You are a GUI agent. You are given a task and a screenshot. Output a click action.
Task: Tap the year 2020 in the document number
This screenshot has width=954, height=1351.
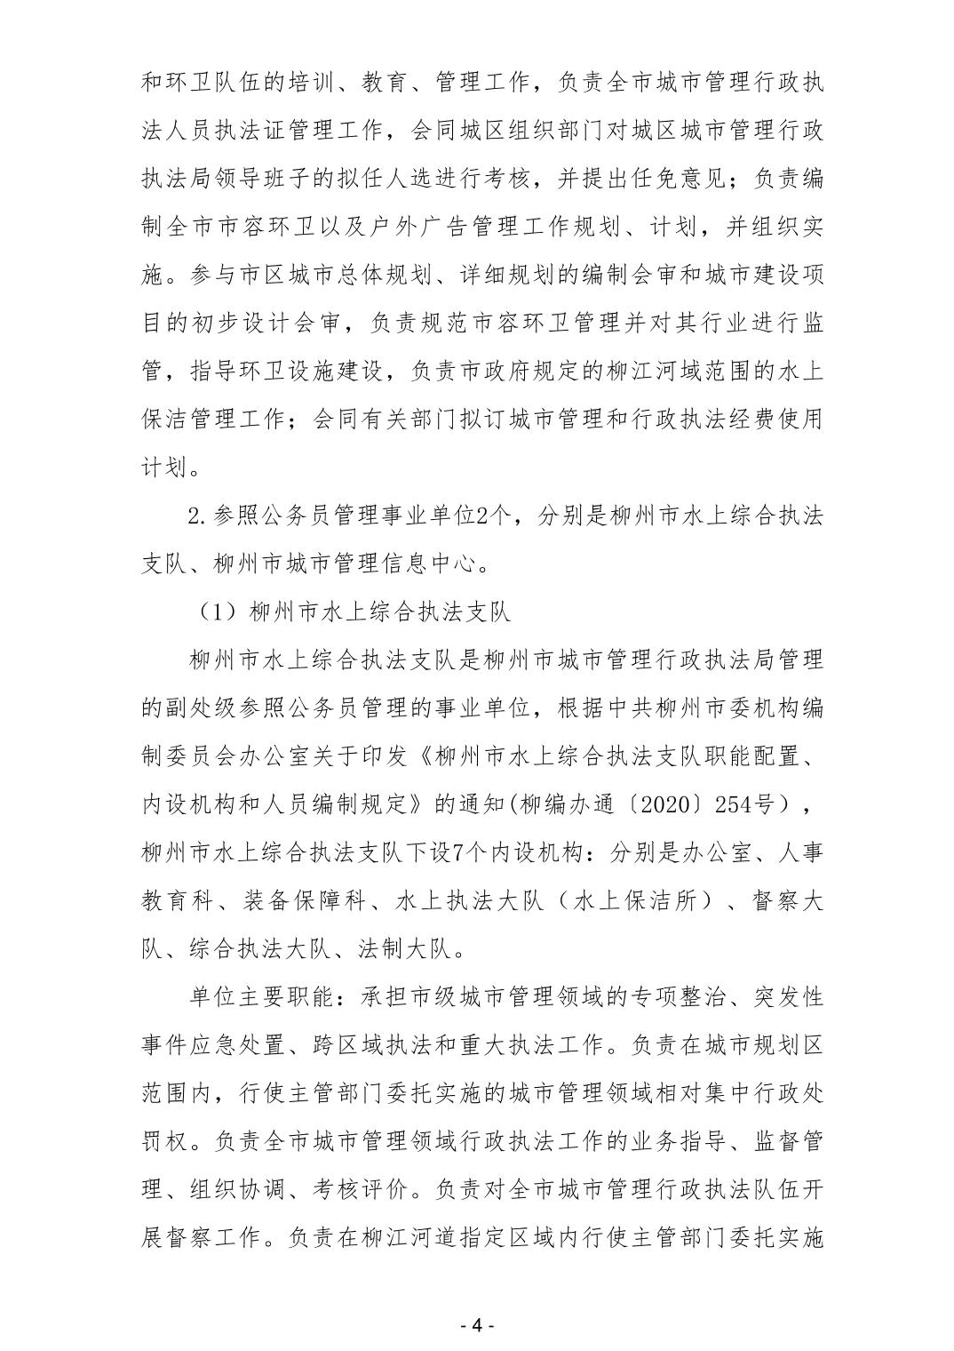682,803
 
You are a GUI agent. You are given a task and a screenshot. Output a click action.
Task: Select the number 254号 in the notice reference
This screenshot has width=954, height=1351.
761,803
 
